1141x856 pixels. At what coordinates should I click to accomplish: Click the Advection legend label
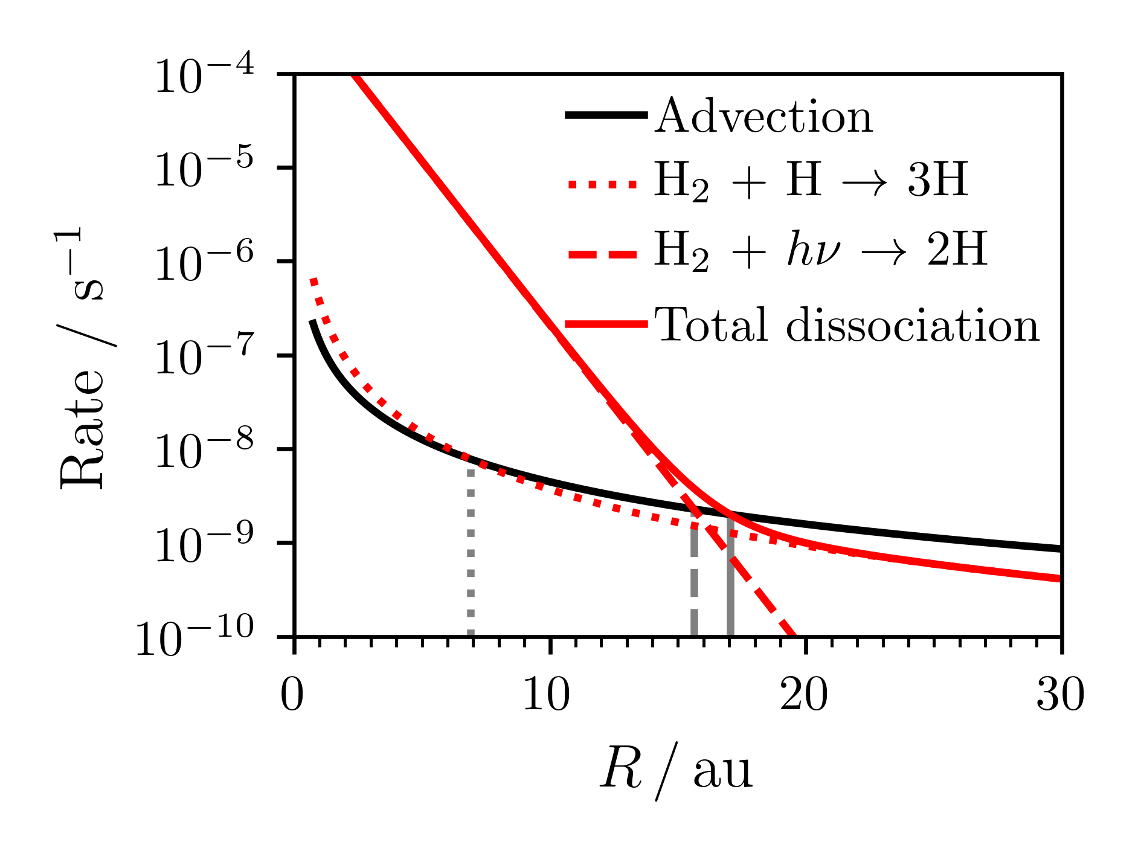[763, 117]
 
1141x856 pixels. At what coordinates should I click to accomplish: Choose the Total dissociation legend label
[847, 326]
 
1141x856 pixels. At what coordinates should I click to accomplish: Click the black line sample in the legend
[605, 115]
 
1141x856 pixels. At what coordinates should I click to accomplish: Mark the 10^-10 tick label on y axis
[194, 639]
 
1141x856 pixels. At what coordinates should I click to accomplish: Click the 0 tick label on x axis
[292, 696]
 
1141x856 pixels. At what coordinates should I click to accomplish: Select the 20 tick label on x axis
[804, 696]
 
